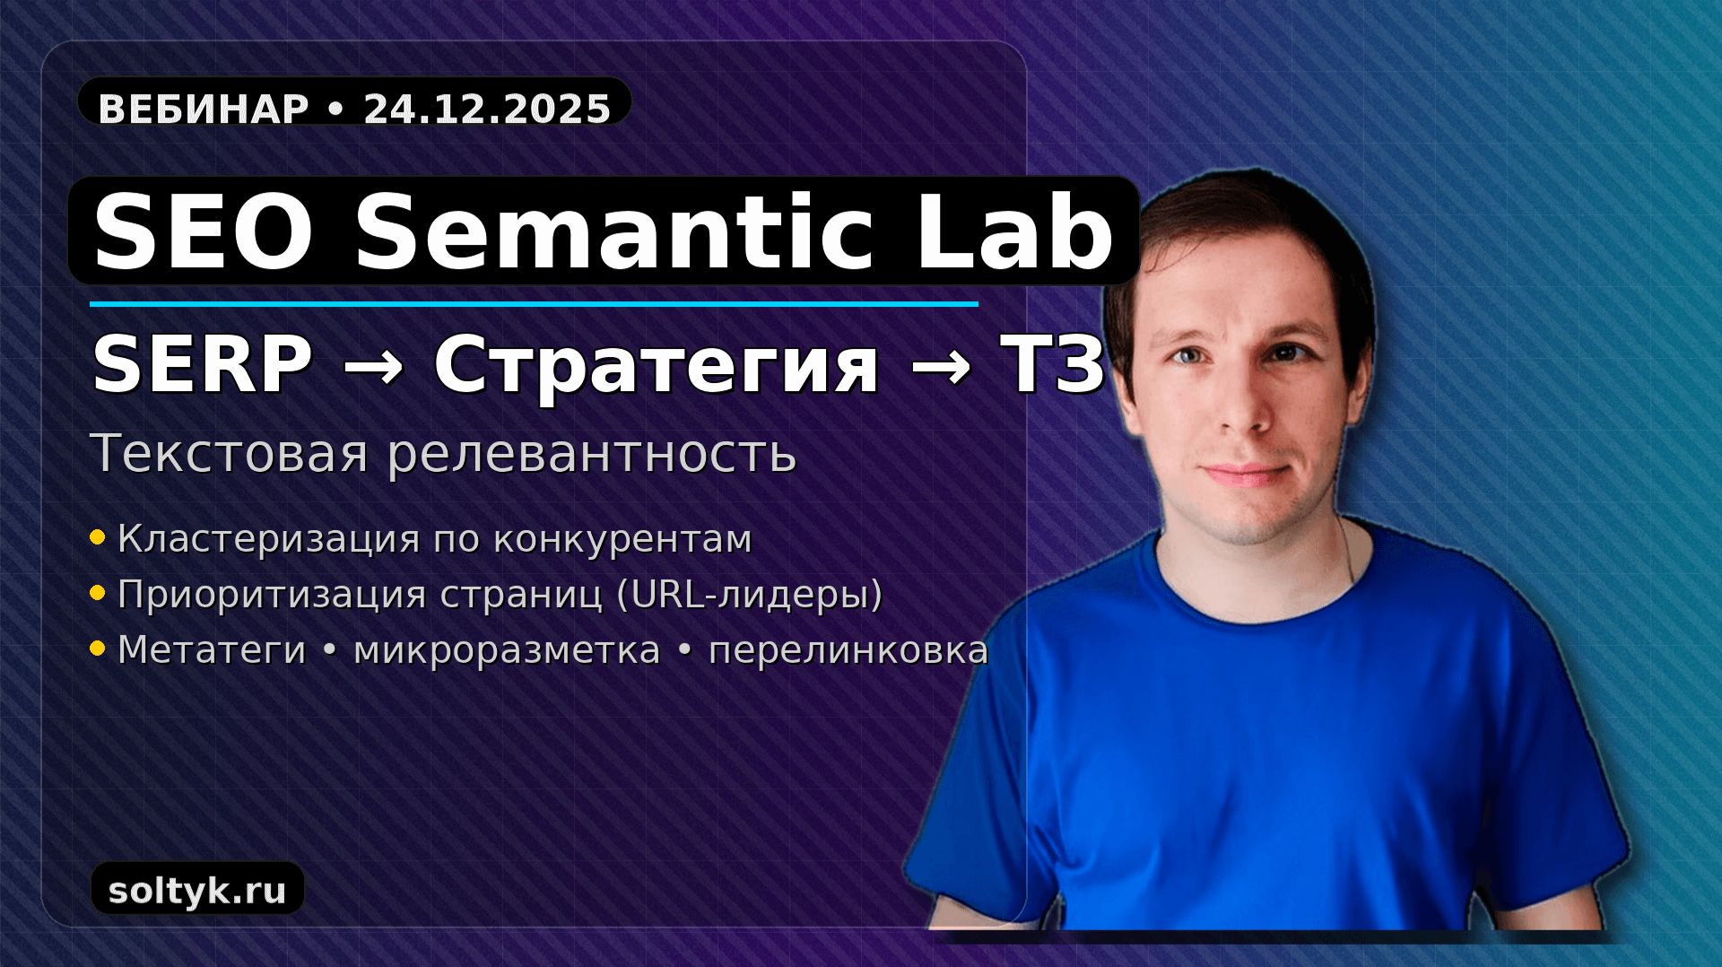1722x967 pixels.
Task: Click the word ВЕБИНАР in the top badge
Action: [x=203, y=109]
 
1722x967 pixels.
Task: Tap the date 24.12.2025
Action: [x=487, y=109]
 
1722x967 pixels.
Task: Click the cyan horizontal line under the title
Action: [x=534, y=304]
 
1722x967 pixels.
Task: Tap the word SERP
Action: [x=203, y=366]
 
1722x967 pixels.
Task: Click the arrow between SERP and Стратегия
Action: [x=373, y=366]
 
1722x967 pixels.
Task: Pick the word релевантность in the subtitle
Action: [x=592, y=453]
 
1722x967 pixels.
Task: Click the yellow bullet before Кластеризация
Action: [x=98, y=538]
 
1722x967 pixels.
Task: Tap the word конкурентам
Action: [x=622, y=539]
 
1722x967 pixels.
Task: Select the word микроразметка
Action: [x=507, y=650]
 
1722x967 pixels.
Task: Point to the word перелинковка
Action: [x=848, y=650]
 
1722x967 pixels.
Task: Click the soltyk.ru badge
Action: [x=197, y=891]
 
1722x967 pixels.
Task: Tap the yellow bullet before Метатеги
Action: [x=98, y=649]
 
